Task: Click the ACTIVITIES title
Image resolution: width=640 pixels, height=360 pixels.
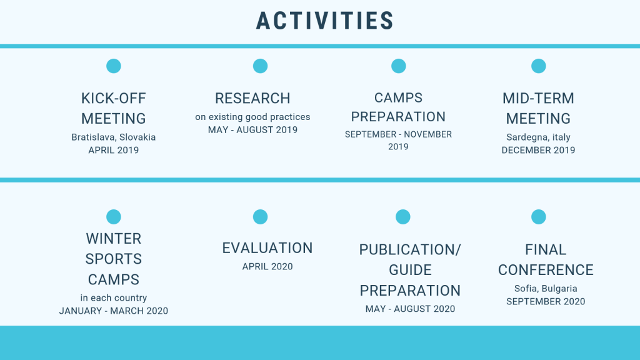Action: pyautogui.click(x=324, y=21)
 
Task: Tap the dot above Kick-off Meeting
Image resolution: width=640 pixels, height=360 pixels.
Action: pyautogui.click(x=114, y=66)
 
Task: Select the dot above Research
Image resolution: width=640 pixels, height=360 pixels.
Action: pyautogui.click(x=260, y=66)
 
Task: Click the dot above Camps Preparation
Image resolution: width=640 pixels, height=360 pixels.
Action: pyautogui.click(x=398, y=66)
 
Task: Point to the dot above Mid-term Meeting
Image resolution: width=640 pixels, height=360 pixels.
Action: pyautogui.click(x=538, y=66)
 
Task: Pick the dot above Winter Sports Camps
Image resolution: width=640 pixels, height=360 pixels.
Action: pyautogui.click(x=114, y=217)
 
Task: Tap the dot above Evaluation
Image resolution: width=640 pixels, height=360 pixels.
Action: pyautogui.click(x=260, y=217)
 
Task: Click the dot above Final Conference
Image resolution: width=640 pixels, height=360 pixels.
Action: pyautogui.click(x=538, y=217)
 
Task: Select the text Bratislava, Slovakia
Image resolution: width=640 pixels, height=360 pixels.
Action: pyautogui.click(x=114, y=137)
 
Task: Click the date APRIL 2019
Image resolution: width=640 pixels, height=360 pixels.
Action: pyautogui.click(x=114, y=150)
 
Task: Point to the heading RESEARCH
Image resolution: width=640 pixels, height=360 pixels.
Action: pyautogui.click(x=252, y=98)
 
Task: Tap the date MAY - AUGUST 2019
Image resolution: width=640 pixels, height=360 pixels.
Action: pyautogui.click(x=252, y=130)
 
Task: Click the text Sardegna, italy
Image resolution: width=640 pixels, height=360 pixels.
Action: pyautogui.click(x=538, y=137)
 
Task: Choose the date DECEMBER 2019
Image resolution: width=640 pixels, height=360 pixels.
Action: pyautogui.click(x=538, y=150)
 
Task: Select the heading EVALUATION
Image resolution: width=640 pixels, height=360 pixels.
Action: pyautogui.click(x=267, y=248)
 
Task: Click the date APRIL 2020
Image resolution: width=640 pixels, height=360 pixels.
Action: pyautogui.click(x=267, y=266)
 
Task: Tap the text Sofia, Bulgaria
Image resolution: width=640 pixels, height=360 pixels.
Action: pyautogui.click(x=546, y=289)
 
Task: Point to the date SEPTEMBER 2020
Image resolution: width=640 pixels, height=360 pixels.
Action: pyautogui.click(x=546, y=302)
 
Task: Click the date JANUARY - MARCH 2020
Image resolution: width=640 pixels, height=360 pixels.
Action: pyautogui.click(x=114, y=311)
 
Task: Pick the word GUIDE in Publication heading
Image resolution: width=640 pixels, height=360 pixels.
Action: pyautogui.click(x=410, y=270)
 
